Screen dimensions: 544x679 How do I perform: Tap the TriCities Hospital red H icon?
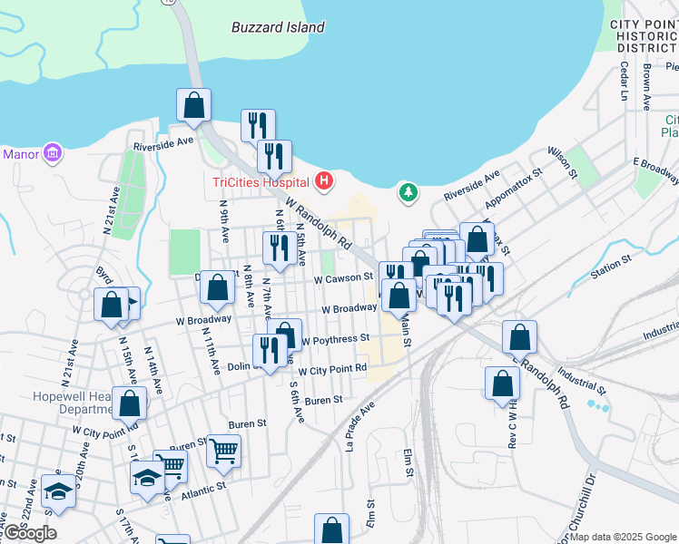[325, 181]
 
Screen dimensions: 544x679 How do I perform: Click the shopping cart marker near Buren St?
[223, 450]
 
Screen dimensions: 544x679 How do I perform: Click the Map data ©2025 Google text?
[623, 537]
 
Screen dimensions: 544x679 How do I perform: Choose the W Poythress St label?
[336, 339]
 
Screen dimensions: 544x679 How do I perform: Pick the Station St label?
[610, 266]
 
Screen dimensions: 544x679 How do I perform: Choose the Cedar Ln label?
[624, 82]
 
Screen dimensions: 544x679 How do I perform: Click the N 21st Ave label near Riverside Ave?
[113, 212]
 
